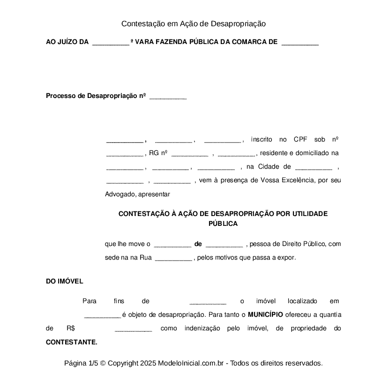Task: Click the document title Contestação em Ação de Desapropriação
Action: pos(194,23)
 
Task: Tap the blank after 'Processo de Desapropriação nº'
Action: pos(168,97)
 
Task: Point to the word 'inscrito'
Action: pos(261,139)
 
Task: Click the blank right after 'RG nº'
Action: pos(190,153)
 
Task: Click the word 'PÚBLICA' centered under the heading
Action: pos(223,224)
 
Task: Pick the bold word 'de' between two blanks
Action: pos(198,244)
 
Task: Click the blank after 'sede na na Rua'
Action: pos(173,258)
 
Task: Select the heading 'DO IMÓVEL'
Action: pos(64,281)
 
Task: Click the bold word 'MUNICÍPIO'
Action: pos(265,314)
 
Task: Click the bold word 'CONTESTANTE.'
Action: pos(72,342)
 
